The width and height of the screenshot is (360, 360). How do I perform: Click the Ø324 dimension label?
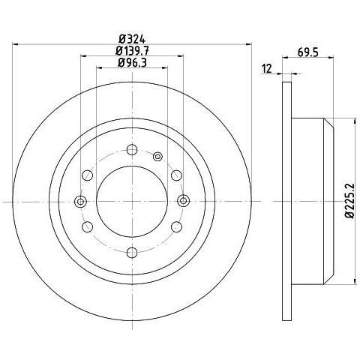[132, 39]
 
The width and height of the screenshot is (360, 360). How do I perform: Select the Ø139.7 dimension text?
[132, 51]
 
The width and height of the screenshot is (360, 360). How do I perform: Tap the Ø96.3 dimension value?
[132, 62]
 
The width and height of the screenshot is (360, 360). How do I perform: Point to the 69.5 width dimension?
[308, 52]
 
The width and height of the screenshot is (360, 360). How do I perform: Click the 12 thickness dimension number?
[267, 69]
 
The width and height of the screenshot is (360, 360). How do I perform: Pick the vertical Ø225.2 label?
[349, 201]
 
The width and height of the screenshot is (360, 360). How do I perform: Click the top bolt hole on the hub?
[132, 150]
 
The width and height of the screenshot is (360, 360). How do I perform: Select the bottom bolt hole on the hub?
[132, 253]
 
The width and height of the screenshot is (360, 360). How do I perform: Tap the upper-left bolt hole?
[87, 175]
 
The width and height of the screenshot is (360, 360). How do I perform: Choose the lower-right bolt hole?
[176, 226]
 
